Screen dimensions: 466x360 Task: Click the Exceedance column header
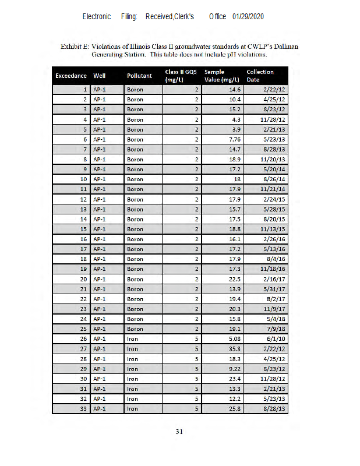click(x=71, y=76)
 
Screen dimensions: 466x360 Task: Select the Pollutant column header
click(x=139, y=76)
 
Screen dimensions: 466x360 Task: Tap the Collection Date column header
click(x=260, y=76)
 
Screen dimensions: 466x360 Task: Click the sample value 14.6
click(x=234, y=90)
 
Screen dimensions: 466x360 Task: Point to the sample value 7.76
click(x=233, y=139)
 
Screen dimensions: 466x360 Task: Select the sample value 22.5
click(x=234, y=279)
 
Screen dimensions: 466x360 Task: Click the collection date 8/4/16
click(x=276, y=259)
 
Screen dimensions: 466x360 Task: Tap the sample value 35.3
click(x=234, y=349)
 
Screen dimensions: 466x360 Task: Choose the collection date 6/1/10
click(x=276, y=339)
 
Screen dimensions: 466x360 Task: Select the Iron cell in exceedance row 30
click(x=132, y=379)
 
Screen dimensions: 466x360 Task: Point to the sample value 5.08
click(x=233, y=339)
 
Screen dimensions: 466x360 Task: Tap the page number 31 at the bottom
click(x=180, y=432)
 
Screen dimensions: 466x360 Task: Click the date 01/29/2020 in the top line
click(x=248, y=16)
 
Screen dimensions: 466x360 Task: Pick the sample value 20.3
click(x=234, y=309)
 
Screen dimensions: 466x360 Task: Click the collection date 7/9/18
click(x=276, y=329)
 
